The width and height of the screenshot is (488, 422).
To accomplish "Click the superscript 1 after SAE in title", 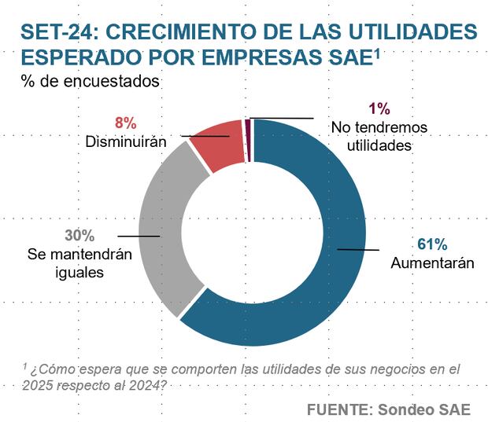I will (377, 52).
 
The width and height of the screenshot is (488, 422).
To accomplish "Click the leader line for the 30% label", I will (137, 235).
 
